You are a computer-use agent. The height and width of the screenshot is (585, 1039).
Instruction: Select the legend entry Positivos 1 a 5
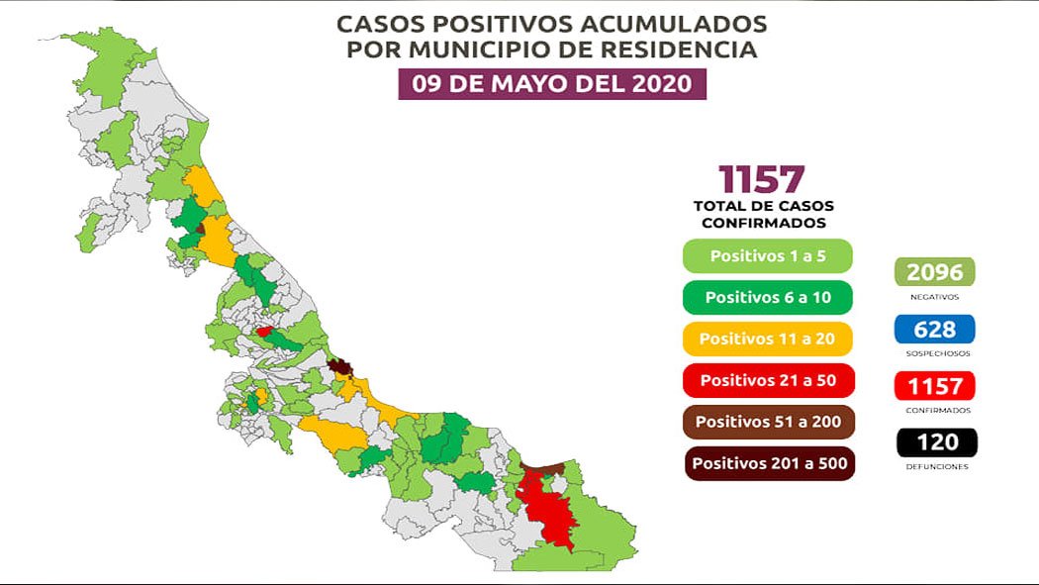[x=767, y=255]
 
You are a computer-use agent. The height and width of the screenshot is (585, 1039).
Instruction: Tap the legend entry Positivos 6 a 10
[x=767, y=297]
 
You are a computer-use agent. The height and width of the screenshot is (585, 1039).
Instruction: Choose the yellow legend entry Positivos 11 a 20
[x=767, y=339]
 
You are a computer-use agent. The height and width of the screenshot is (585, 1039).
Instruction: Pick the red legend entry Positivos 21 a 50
[x=767, y=380]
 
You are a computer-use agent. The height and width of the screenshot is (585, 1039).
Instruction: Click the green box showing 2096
[x=934, y=272]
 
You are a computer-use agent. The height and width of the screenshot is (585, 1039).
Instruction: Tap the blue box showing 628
[x=934, y=329]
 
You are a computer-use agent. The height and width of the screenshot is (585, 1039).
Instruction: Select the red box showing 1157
[x=934, y=385]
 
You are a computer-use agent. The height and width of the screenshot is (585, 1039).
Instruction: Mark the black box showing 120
[x=934, y=441]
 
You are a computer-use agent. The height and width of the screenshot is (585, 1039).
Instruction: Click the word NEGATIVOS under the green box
[x=934, y=296]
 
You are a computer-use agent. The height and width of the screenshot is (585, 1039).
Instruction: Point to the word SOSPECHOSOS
[x=934, y=352]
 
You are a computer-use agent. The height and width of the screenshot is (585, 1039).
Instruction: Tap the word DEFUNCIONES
[x=934, y=466]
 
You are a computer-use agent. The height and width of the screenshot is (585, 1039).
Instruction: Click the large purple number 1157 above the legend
[x=762, y=179]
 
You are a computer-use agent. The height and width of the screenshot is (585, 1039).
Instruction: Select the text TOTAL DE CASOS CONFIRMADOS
[x=763, y=215]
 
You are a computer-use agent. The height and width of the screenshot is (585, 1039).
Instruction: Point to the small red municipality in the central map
[x=264, y=333]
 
